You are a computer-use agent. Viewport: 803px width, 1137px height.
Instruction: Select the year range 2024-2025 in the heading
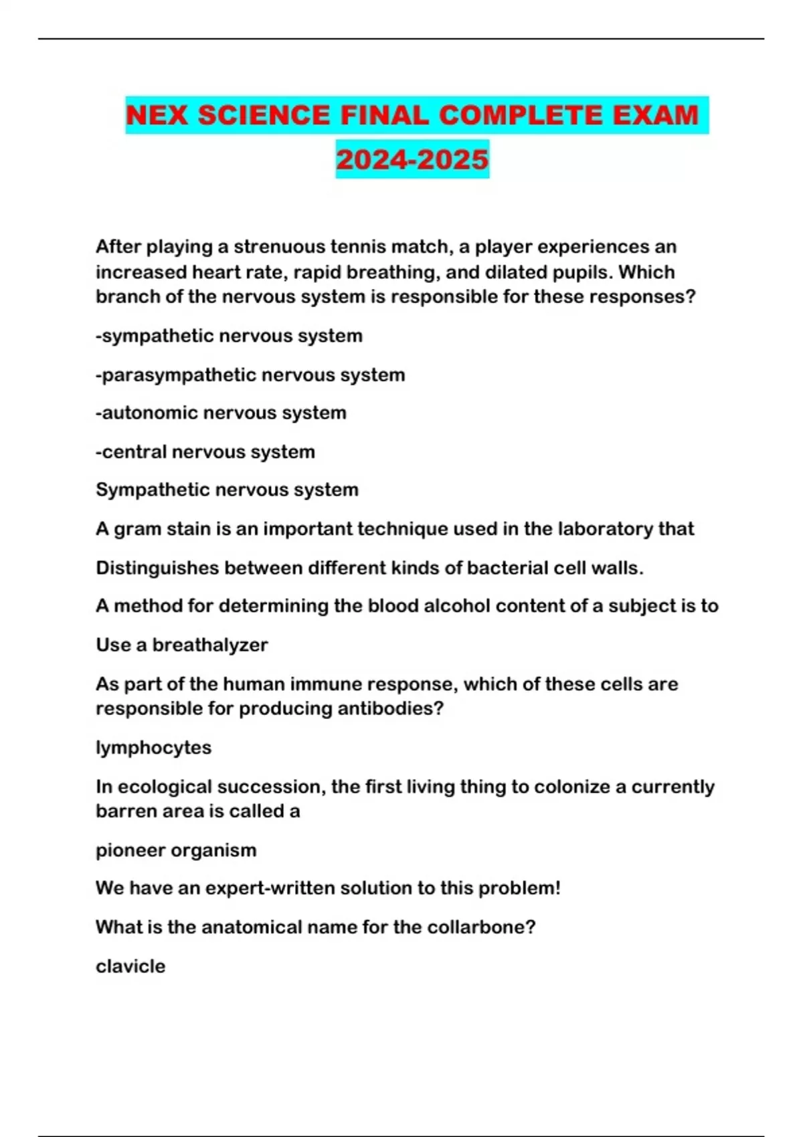click(x=412, y=159)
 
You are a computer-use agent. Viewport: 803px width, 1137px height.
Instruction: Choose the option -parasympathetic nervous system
click(x=250, y=375)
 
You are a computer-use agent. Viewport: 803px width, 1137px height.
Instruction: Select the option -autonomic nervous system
click(x=221, y=413)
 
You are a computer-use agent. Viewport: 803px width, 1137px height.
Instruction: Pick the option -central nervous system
click(x=205, y=451)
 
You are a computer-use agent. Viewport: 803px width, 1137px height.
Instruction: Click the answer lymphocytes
click(x=153, y=747)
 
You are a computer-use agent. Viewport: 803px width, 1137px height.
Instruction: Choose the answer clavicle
click(x=130, y=966)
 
